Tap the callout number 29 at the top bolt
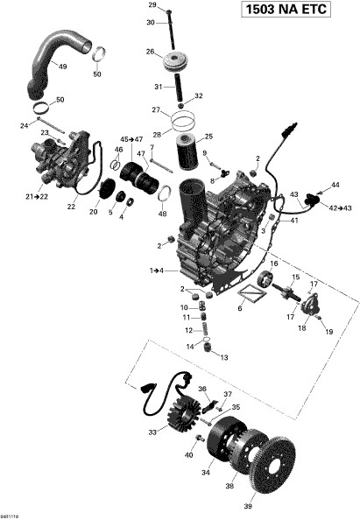[x=152, y=5]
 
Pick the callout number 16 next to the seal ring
[x=274, y=264]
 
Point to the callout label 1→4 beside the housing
[x=156, y=271]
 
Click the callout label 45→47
[x=131, y=139]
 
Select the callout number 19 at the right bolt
[x=329, y=332]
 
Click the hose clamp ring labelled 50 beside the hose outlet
[x=99, y=60]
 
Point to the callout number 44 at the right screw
[x=335, y=186]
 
